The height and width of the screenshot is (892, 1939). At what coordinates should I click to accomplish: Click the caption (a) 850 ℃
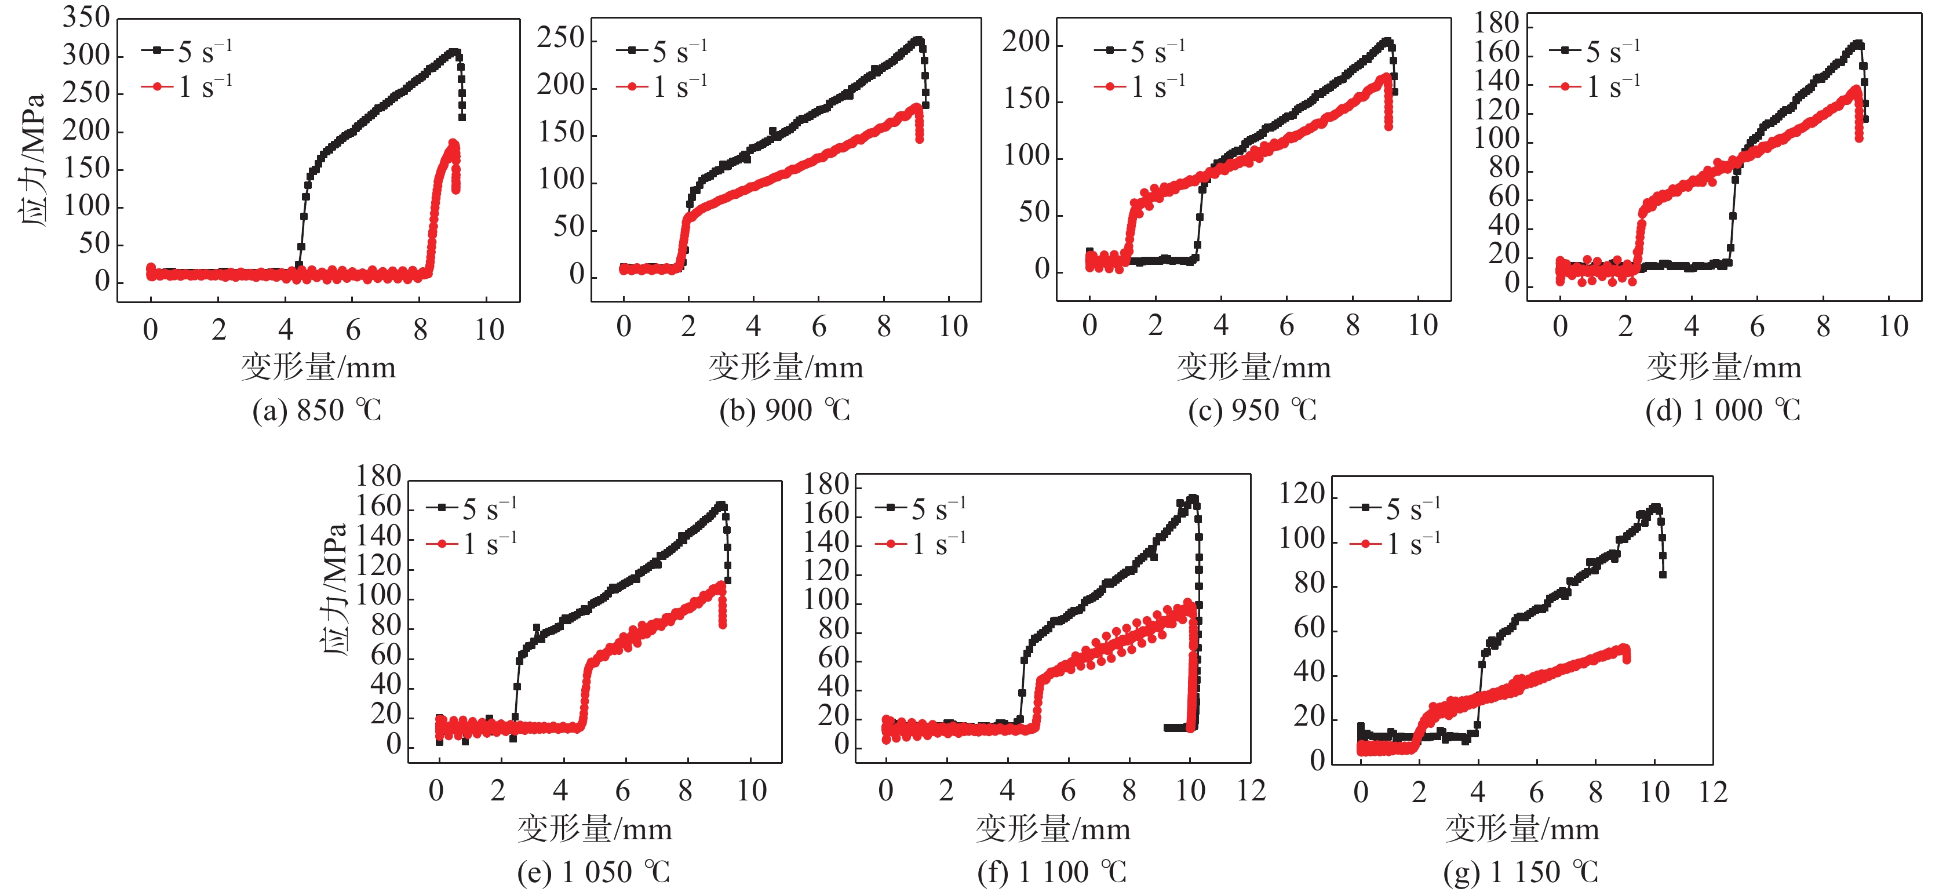317,411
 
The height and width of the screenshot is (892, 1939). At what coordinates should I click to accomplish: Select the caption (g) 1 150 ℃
1521,872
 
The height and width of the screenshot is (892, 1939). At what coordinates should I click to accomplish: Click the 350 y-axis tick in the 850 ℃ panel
86,17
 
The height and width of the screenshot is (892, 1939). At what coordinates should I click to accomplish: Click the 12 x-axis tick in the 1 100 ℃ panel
1251,791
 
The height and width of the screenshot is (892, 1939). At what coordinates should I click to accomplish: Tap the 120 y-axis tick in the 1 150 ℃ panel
1302,494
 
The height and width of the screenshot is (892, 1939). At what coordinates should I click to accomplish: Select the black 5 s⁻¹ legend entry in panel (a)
187,52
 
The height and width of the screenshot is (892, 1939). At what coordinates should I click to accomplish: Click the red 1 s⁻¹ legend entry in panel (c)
1140,88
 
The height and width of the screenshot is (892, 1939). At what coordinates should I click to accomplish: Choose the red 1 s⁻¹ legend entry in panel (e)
472,544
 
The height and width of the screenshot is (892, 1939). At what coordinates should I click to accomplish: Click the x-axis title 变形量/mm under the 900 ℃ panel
785,367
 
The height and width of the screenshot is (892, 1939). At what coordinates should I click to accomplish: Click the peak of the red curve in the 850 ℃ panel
453,143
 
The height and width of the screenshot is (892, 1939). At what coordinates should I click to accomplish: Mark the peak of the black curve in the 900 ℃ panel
917,40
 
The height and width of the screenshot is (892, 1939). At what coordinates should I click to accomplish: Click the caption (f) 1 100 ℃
1052,872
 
